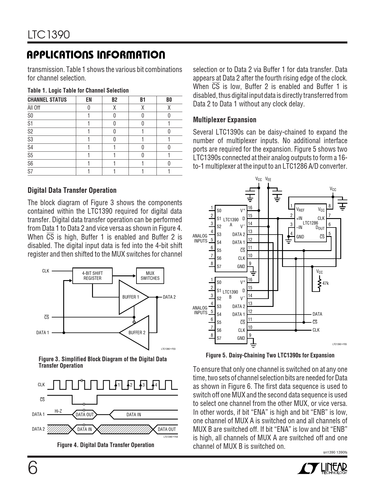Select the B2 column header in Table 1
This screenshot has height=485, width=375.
tap(114, 100)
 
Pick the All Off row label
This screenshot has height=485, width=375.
tap(34, 108)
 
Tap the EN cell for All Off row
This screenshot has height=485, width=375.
tap(89, 108)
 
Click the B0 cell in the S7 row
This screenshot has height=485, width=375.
tap(169, 171)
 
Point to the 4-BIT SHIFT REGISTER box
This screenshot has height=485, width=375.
tap(92, 276)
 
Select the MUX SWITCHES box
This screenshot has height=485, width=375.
tap(150, 276)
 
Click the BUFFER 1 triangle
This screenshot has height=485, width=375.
tap(131, 297)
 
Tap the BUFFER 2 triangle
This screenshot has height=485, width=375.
tap(137, 333)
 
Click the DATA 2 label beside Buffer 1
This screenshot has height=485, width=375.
tap(169, 297)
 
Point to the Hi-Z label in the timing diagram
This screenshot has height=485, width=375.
tap(58, 411)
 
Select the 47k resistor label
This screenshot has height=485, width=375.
tap(326, 283)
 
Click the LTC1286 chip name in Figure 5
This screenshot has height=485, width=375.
tap(310, 223)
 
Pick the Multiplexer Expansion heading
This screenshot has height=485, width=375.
tap(225, 120)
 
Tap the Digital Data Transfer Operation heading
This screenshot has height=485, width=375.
tap(72, 190)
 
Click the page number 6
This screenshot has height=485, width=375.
tap(33, 468)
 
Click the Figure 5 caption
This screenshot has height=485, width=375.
tap(270, 355)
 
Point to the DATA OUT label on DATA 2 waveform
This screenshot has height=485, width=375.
tap(167, 429)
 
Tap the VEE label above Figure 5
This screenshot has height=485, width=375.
tap(268, 179)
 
